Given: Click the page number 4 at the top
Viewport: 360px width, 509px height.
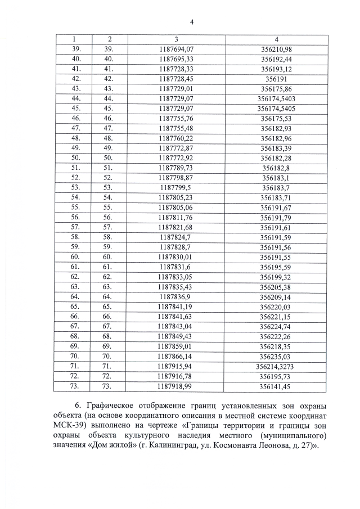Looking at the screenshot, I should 191,21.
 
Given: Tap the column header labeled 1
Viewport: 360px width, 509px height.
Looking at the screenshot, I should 74,39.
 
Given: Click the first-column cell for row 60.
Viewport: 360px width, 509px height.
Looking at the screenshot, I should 74,257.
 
